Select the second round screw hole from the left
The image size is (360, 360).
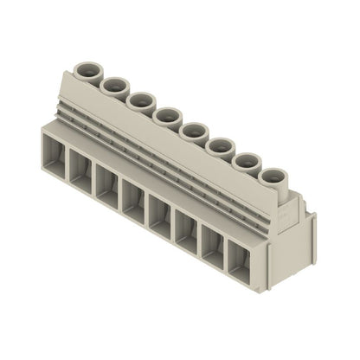pos(114,85)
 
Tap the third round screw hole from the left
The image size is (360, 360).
pos(140,100)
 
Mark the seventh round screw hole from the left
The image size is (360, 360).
pos(247,160)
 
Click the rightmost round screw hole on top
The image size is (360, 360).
pos(274,176)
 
